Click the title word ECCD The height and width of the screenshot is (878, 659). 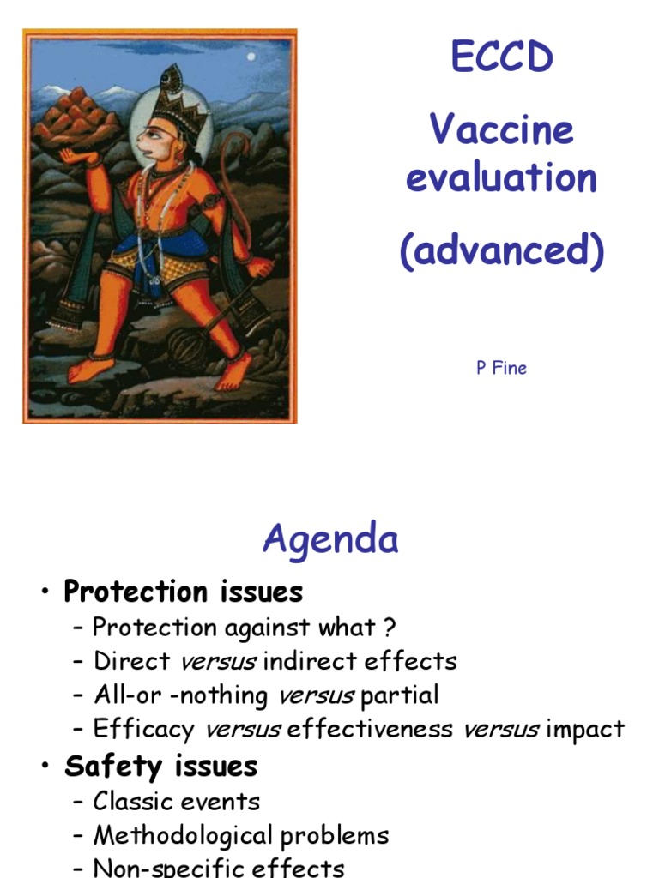(502, 59)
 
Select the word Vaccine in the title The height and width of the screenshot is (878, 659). (501, 130)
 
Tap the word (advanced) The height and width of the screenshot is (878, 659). (502, 251)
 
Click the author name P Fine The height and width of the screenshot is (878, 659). (502, 368)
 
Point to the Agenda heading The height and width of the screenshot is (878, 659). (330, 540)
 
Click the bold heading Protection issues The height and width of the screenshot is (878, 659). (184, 592)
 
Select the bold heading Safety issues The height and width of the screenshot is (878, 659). (160, 766)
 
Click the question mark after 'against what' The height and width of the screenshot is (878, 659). (390, 628)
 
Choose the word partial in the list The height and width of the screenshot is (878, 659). (400, 695)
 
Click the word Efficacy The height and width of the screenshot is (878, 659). (143, 730)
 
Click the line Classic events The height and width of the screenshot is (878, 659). (176, 802)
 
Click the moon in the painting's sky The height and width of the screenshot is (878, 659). (251, 57)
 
